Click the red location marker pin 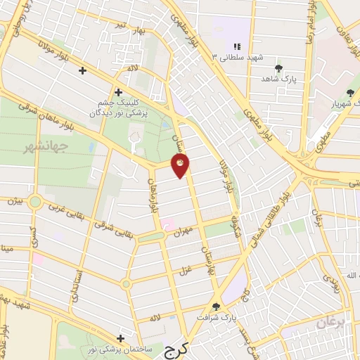[x=181, y=166]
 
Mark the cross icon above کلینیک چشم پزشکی [x=118, y=92]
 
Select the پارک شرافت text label [x=217, y=317]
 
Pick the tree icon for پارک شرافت [x=217, y=307]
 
